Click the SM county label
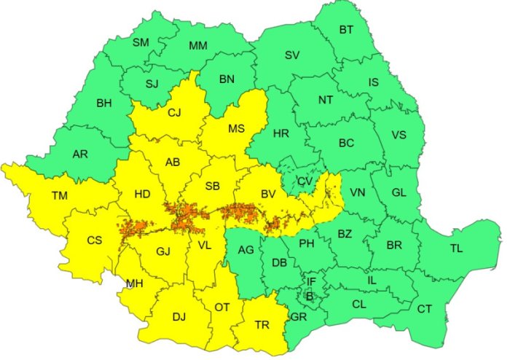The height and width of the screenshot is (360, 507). [141, 43]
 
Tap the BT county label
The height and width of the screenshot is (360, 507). [346, 30]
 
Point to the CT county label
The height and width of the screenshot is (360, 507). [425, 309]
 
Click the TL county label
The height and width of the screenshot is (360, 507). [456, 249]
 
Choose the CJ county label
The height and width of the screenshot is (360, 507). [174, 113]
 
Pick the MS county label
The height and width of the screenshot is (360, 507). [236, 129]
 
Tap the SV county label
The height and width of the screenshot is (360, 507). [292, 55]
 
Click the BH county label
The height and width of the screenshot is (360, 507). [104, 103]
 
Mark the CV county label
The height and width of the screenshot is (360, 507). [304, 181]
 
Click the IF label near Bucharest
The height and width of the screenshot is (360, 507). [311, 281]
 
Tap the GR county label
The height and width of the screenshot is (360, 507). [297, 317]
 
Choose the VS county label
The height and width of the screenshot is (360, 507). [398, 135]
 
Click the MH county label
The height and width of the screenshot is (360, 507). [134, 283]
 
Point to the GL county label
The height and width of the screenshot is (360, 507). [398, 192]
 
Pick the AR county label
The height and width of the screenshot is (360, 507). [81, 154]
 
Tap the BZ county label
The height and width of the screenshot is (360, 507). [345, 235]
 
